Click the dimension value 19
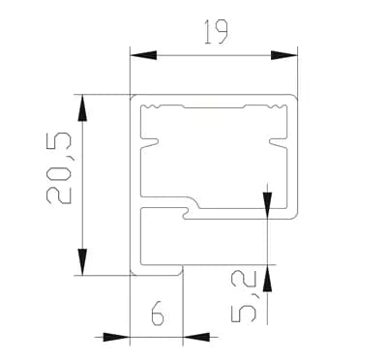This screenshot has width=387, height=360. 217,32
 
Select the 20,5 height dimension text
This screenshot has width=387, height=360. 59,168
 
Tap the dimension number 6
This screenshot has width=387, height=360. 158,313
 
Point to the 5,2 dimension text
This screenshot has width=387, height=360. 244,297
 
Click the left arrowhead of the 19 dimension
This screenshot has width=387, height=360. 143,55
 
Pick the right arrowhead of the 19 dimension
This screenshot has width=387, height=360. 283,55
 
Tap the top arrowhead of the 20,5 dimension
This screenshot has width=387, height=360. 82,107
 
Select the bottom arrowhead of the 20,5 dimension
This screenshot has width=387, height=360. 82,262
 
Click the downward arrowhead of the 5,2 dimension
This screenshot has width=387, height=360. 268,205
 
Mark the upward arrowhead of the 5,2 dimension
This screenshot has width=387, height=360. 268,278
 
